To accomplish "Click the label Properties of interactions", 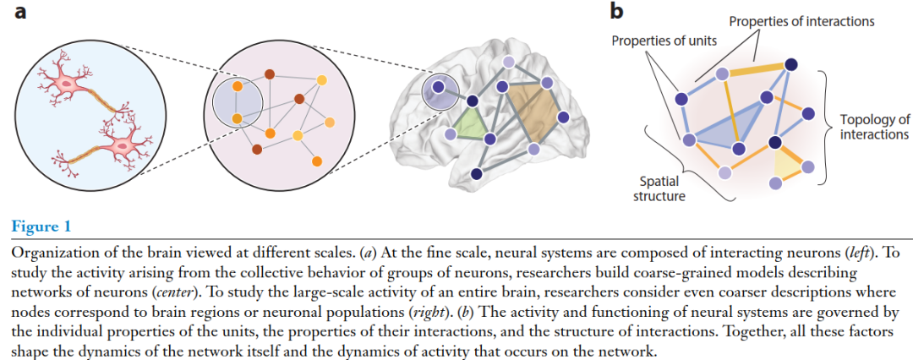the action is pyautogui.click(x=801, y=22).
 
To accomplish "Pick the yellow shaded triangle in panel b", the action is pyautogui.click(x=789, y=164).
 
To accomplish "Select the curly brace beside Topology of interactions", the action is pyautogui.click(x=826, y=128).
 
